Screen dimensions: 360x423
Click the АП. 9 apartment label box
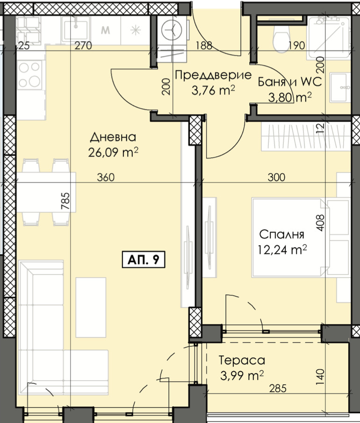click(x=144, y=260)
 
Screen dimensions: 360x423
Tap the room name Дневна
click(x=113, y=137)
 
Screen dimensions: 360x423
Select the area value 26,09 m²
click(x=113, y=153)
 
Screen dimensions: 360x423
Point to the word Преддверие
click(x=213, y=75)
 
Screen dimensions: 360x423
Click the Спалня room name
click(x=281, y=234)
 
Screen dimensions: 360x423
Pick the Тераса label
click(x=242, y=360)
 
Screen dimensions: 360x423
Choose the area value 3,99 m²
click(x=242, y=375)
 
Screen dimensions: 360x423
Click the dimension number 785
click(x=65, y=201)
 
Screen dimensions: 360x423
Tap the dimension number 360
click(x=106, y=177)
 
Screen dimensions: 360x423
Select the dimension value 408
click(x=320, y=223)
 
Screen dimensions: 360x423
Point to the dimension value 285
click(x=278, y=388)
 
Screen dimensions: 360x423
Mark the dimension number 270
click(x=83, y=45)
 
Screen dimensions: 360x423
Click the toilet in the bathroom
click(x=281, y=38)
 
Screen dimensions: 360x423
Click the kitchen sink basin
click(x=76, y=29)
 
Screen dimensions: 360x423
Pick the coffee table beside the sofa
click(x=91, y=307)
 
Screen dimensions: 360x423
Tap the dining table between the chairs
click(x=46, y=192)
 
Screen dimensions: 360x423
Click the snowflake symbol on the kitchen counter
click(x=136, y=30)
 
